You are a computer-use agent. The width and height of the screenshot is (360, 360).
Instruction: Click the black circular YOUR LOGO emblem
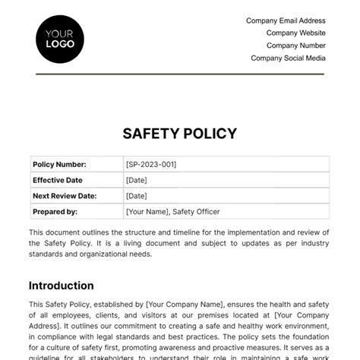pyautogui.click(x=60, y=38)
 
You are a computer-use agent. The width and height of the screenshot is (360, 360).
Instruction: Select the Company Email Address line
pyautogui.click(x=286, y=21)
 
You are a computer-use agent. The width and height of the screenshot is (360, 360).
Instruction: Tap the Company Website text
pyautogui.click(x=295, y=33)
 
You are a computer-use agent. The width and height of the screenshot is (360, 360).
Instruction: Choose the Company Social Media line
pyautogui.click(x=288, y=58)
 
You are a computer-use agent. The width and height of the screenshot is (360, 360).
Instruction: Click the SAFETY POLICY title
pyautogui.click(x=179, y=134)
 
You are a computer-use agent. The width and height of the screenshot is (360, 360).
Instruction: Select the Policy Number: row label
pyautogui.click(x=59, y=164)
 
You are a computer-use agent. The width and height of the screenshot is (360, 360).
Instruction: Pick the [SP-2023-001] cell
pyautogui.click(x=151, y=164)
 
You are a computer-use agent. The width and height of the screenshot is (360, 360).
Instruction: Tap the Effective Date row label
pyautogui.click(x=58, y=180)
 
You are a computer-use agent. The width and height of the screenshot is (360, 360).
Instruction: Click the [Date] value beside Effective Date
pyautogui.click(x=137, y=180)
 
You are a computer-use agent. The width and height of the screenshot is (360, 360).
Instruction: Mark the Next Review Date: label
pyautogui.click(x=65, y=196)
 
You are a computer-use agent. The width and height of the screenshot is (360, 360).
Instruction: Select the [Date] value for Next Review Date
pyautogui.click(x=137, y=196)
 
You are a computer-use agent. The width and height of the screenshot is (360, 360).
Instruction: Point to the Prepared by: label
pyautogui.click(x=55, y=212)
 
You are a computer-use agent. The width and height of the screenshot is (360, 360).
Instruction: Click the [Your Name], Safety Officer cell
pyautogui.click(x=173, y=212)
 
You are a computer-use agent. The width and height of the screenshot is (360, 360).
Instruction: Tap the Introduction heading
pyautogui.click(x=62, y=286)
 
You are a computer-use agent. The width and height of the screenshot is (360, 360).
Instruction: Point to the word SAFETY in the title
pyautogui.click(x=150, y=134)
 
